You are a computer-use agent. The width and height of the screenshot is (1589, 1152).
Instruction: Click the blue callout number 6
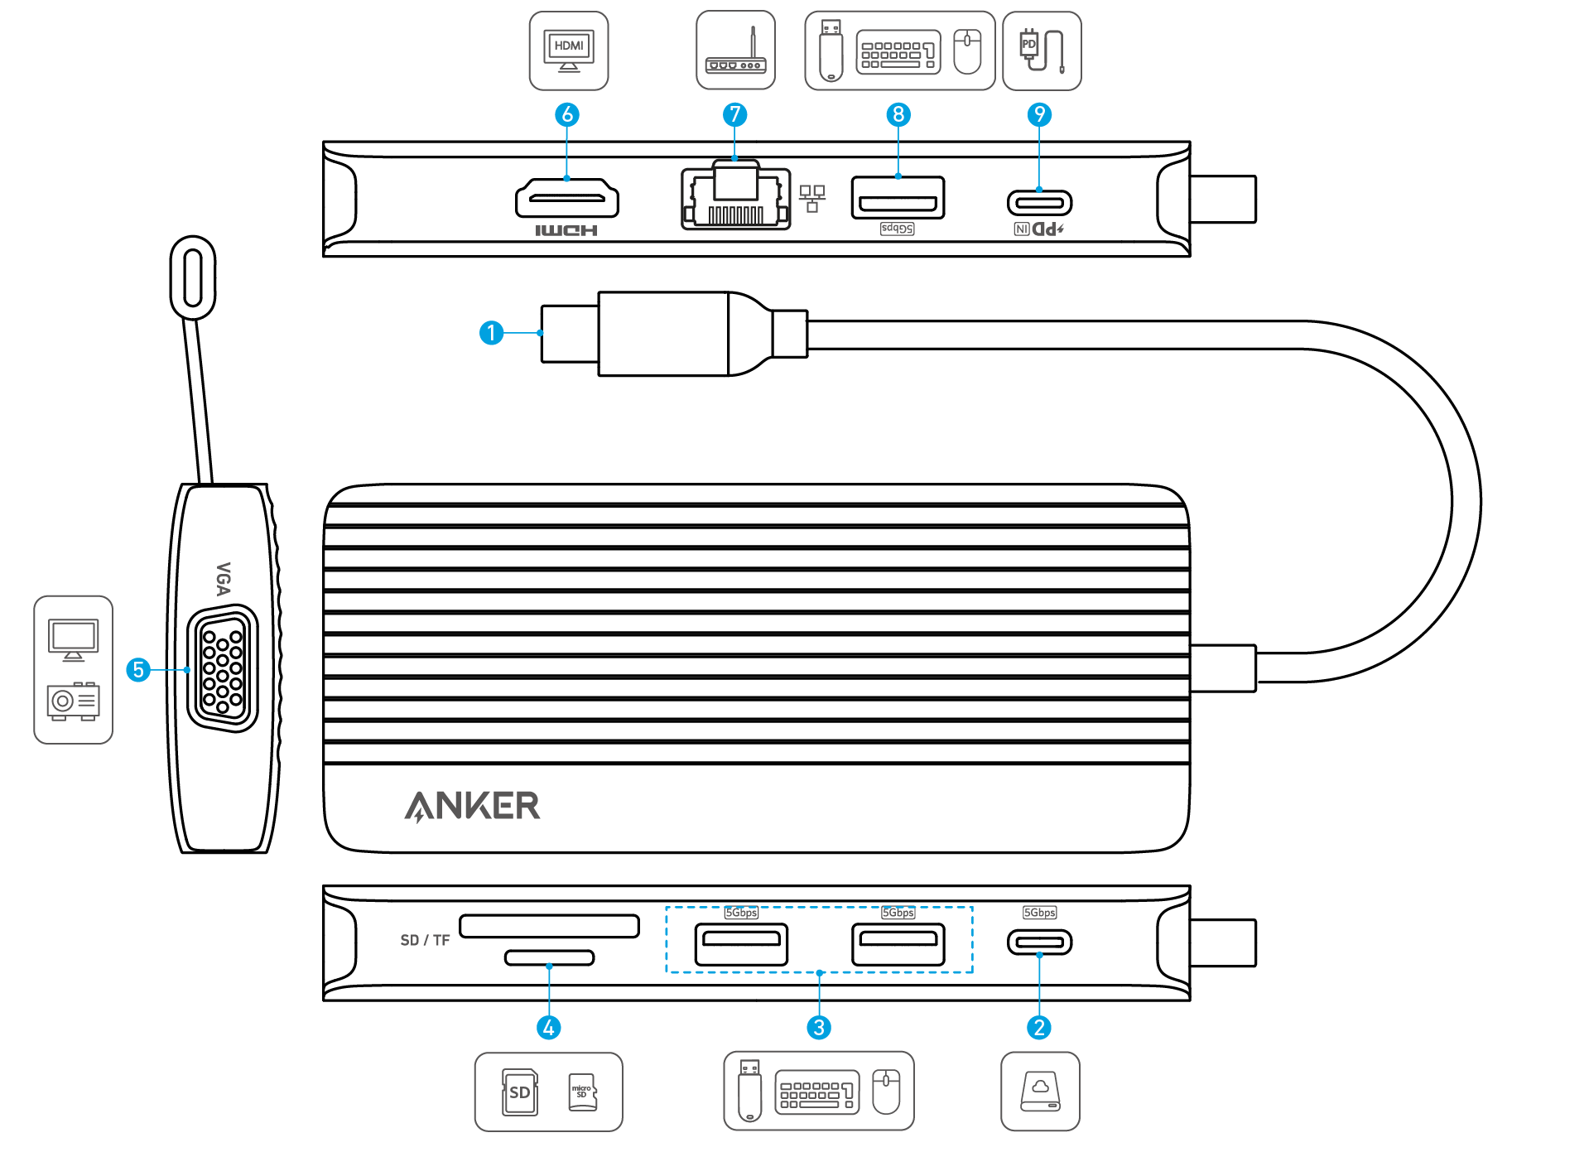click(x=567, y=114)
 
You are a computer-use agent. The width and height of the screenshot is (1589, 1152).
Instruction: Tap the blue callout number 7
click(x=734, y=114)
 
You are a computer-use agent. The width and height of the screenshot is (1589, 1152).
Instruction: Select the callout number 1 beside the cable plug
click(x=492, y=333)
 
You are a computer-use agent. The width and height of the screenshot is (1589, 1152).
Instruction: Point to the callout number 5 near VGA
click(x=138, y=669)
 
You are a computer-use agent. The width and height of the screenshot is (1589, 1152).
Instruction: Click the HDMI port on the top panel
click(x=567, y=199)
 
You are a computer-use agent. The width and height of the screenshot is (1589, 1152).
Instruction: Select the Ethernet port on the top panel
click(x=735, y=199)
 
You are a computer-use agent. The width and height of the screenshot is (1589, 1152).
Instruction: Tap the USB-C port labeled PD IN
click(x=1039, y=202)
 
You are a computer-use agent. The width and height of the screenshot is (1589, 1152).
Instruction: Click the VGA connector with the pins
click(x=223, y=668)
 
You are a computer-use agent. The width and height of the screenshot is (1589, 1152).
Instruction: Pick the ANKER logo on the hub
click(x=472, y=806)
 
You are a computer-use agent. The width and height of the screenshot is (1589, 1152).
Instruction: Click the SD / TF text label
click(x=425, y=940)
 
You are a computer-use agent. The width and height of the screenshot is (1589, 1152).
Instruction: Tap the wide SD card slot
click(x=549, y=925)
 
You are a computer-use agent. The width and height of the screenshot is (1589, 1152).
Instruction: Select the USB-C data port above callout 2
click(x=1039, y=942)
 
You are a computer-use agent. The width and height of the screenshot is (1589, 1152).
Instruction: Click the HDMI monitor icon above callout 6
click(x=569, y=50)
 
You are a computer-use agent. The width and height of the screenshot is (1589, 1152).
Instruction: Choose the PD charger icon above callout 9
click(x=1041, y=50)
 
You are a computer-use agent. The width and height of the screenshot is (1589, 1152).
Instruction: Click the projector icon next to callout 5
click(x=73, y=701)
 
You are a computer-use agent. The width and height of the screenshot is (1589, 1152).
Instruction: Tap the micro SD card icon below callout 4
click(x=582, y=1092)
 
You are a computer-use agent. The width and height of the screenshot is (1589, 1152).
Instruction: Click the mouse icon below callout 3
click(x=886, y=1091)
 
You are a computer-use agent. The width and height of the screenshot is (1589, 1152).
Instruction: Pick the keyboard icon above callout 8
click(x=898, y=52)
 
